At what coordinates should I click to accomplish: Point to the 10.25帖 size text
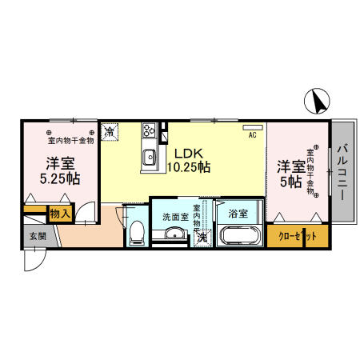tap(189, 168)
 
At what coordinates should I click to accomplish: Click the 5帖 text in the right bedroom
tap(290, 182)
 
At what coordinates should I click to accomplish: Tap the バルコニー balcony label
tap(342, 171)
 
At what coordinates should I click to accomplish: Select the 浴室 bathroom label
tap(237, 214)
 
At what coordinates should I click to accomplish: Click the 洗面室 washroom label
tap(175, 216)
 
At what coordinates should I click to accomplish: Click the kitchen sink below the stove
tap(150, 157)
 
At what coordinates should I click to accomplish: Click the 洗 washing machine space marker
tap(203, 238)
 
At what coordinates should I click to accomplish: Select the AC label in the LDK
tap(252, 135)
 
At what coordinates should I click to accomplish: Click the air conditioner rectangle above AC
tap(252, 127)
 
